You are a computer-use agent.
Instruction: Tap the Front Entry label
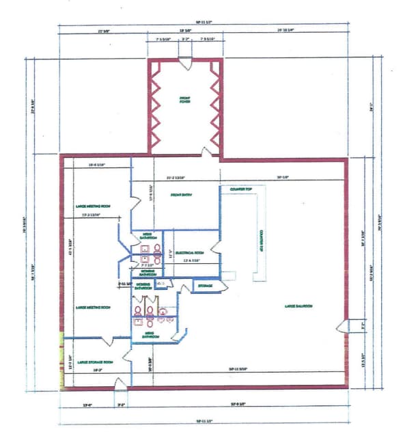(x=181, y=194)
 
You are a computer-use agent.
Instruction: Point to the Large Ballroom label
(x=298, y=306)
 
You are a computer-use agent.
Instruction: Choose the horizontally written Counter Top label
(x=241, y=188)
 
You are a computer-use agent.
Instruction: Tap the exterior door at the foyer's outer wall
(x=184, y=63)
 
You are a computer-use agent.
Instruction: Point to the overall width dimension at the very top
(x=204, y=23)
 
